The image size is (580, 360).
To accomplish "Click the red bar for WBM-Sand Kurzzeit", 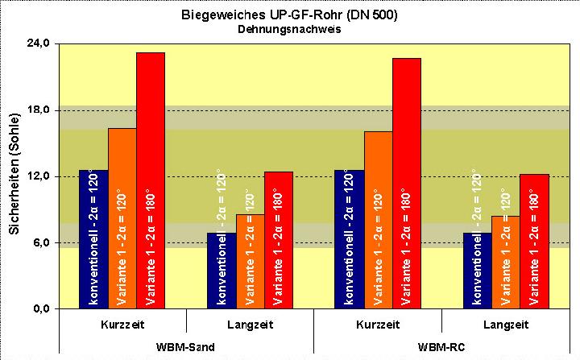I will coord(151,180).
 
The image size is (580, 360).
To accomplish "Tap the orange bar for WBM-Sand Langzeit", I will coord(250,261).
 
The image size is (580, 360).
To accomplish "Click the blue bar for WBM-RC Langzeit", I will coord(478,271).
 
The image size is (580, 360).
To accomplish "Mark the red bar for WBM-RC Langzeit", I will coord(534,241).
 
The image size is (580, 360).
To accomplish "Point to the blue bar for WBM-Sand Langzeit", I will coord(222,271).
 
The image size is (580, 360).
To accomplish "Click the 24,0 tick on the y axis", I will coord(39,43).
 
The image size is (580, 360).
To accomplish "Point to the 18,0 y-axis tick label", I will coord(39,110).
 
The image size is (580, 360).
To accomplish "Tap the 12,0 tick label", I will coord(39,176).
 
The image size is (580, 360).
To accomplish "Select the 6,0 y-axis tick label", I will coord(42,242).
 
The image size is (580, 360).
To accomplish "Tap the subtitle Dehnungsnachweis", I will coord(289,29).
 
